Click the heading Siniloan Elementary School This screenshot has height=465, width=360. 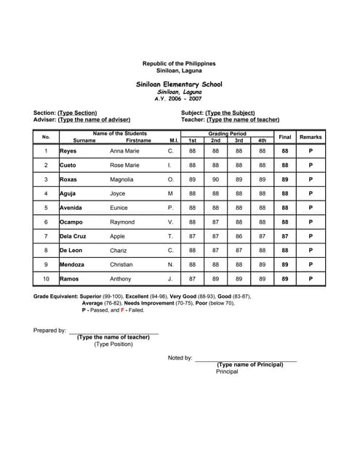pos(179,85)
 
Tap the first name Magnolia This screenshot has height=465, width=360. pos(121,179)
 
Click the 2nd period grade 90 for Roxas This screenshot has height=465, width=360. pos(215,179)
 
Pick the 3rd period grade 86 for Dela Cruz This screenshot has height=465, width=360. pos(239,236)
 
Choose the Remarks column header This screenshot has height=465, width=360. pos(311,137)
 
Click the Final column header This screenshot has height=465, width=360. pos(285,137)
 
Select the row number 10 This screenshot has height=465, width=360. pos(46,279)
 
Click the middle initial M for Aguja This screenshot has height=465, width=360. pos(171,194)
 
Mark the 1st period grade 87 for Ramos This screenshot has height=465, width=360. pos(192,279)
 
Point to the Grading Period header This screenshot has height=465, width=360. pos(227,134)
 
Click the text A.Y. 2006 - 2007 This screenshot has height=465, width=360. pos(179,99)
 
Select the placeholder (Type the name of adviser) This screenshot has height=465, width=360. pos(94,119)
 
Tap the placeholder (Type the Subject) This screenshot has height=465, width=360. pos(231,113)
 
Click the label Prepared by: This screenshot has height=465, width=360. pos(50,331)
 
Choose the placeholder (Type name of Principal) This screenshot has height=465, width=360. pos(250,364)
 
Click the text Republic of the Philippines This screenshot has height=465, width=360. pos(179,64)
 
